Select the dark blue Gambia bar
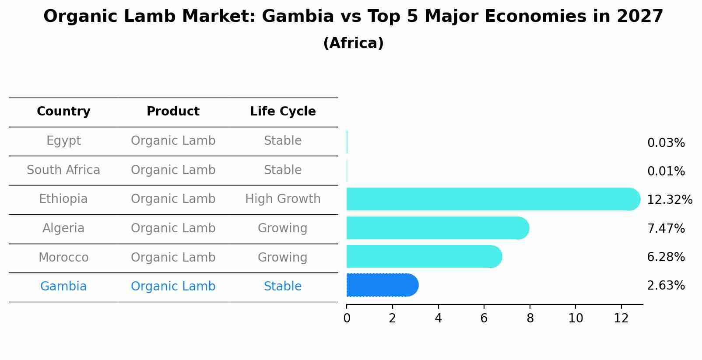(382, 285)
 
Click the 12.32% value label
(669, 200)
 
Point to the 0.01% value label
(666, 171)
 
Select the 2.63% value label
(666, 286)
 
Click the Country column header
(63, 112)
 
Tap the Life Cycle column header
(283, 112)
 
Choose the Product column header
(173, 112)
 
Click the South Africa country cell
(63, 170)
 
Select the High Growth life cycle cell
(283, 199)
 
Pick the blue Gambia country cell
(63, 287)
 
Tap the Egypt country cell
(63, 141)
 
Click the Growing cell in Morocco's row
(282, 257)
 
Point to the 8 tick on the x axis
(530, 318)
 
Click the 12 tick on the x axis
(621, 318)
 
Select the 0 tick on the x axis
(347, 318)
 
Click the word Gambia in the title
(298, 17)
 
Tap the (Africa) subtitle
(353, 43)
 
